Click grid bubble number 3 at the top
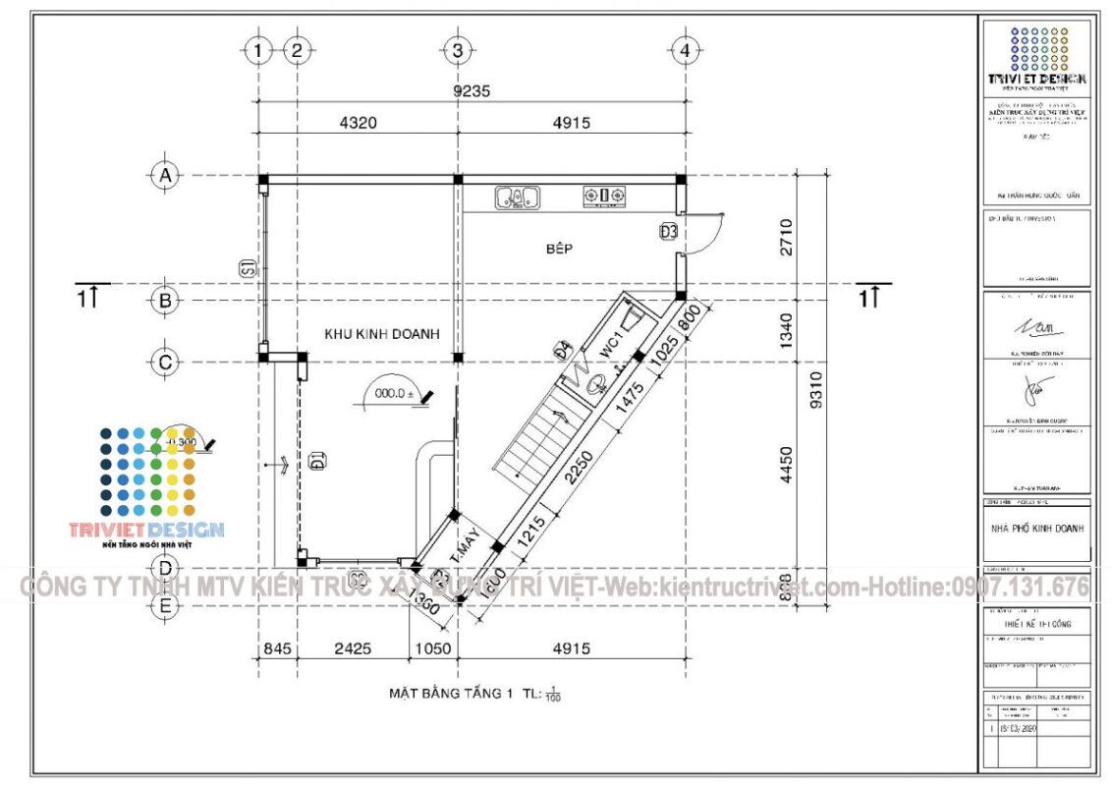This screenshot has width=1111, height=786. (x=457, y=49)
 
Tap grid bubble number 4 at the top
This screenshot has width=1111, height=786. (x=685, y=49)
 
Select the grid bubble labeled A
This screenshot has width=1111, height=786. (x=165, y=176)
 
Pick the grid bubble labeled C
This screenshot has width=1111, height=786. (x=165, y=362)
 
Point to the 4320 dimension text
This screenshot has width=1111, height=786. (x=358, y=123)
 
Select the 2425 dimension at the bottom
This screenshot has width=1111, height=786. (x=353, y=648)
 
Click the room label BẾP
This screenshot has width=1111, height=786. (x=559, y=250)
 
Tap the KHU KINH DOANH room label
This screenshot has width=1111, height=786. (x=381, y=334)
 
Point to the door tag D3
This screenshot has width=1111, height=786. (x=669, y=232)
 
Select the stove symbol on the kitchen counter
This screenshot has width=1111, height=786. (x=605, y=196)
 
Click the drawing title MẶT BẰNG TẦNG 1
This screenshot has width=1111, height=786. (x=451, y=694)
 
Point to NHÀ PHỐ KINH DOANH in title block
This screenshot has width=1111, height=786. (x=1036, y=529)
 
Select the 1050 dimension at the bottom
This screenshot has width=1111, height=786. (x=432, y=648)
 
